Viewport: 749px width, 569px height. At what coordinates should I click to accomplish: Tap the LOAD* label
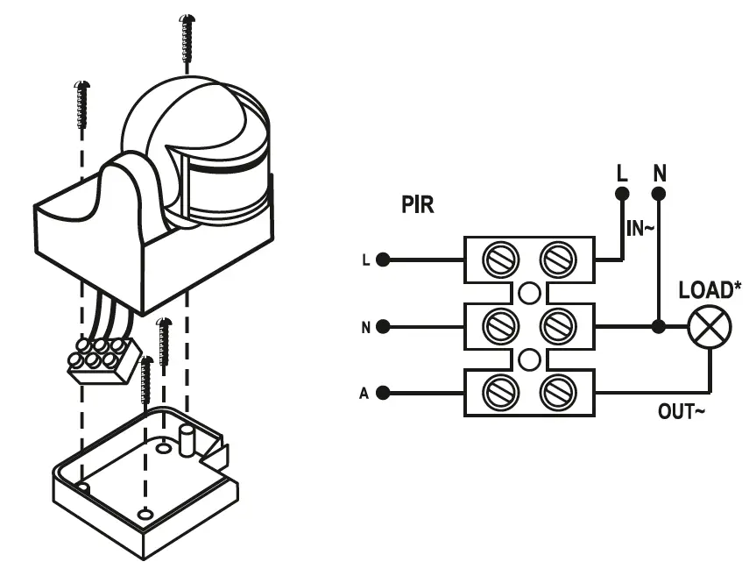coord(710,289)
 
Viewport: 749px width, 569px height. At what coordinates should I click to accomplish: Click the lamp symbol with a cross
coord(705,328)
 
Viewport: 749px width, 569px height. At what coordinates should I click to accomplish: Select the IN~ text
coord(640,229)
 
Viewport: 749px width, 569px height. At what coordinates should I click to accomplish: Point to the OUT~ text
coord(681,410)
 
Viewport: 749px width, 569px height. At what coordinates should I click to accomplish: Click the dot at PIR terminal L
coord(383,260)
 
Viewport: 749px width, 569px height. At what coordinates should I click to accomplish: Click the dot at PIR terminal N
coord(383,327)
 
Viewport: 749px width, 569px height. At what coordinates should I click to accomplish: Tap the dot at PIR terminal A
coord(383,393)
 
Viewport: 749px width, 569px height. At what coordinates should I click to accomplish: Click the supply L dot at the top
coord(622,194)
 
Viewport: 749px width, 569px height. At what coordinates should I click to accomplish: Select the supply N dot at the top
coord(659,194)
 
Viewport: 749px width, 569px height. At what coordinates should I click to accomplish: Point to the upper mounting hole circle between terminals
coord(529,294)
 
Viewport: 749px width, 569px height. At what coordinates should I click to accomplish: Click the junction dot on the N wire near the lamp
coord(659,327)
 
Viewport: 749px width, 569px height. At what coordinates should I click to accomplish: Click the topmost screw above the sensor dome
coord(185,39)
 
